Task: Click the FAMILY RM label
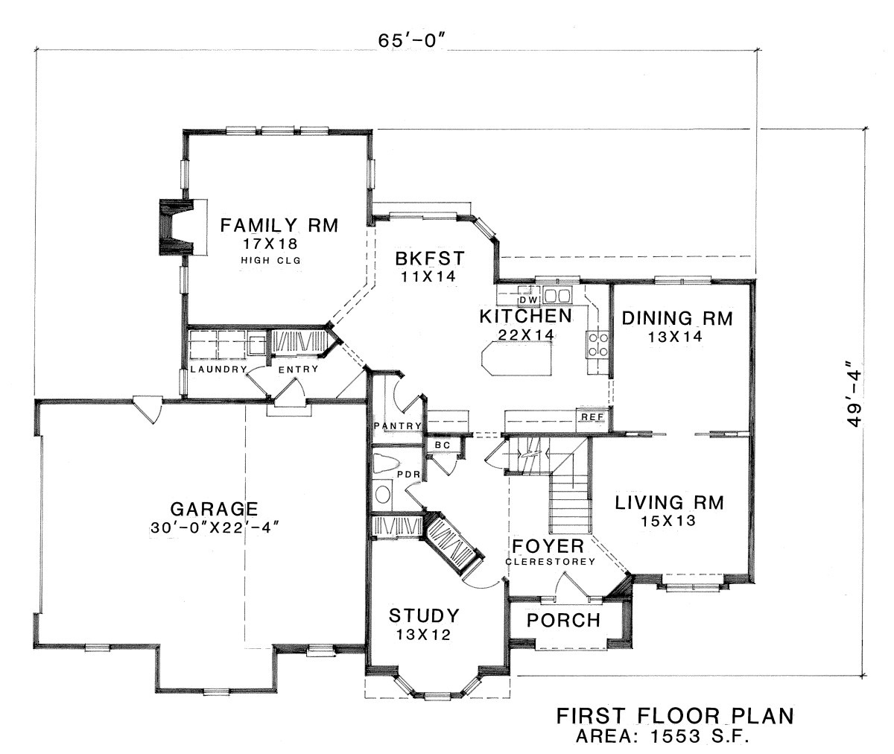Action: click(279, 225)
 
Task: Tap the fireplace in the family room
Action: click(177, 227)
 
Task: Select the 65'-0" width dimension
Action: click(412, 40)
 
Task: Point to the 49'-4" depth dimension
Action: click(854, 399)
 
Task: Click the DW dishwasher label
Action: click(529, 300)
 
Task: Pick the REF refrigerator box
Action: click(592, 417)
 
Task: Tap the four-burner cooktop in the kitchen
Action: click(598, 345)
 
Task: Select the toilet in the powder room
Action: click(386, 463)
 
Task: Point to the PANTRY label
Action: click(398, 426)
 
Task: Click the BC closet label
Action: click(443, 446)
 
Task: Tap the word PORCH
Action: click(563, 621)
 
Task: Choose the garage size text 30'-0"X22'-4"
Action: click(215, 528)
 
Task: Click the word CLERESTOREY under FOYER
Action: click(550, 562)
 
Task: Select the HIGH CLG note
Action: click(270, 260)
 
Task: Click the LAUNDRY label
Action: click(218, 369)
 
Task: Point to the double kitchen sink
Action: click(557, 295)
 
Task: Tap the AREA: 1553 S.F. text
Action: click(662, 736)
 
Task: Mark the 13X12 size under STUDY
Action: click(423, 635)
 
